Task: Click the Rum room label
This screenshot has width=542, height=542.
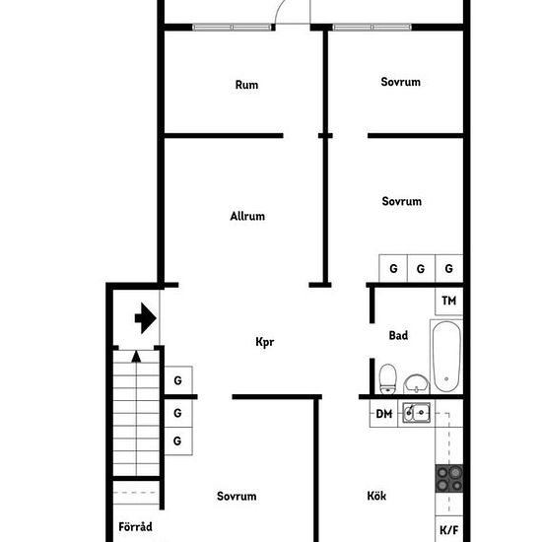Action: pos(246,85)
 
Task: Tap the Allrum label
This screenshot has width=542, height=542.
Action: pos(247,216)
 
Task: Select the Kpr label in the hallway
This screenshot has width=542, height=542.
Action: pos(265,342)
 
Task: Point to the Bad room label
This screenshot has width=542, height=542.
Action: pos(398,335)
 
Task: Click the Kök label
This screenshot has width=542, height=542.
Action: pos(376,496)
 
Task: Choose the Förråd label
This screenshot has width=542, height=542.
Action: pos(135,526)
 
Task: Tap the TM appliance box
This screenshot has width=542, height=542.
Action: pos(448,302)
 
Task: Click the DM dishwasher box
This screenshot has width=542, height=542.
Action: pos(383,414)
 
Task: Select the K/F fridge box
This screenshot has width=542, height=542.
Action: pos(448,529)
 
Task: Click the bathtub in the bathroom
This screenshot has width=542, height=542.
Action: pos(446,357)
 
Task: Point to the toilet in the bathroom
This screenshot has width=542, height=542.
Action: pos(387,378)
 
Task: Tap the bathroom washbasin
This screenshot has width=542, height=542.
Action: pos(416,383)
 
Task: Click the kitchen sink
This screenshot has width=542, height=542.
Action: pos(417,412)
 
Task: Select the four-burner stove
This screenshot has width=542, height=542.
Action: pos(449,478)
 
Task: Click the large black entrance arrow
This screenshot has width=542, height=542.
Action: pos(146,318)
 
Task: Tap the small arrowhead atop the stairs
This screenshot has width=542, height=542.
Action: pos(136,357)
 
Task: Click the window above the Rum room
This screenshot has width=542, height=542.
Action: pos(232,28)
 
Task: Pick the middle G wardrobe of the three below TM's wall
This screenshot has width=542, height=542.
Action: pos(421,269)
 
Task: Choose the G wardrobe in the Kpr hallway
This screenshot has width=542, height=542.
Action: pos(178,380)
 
